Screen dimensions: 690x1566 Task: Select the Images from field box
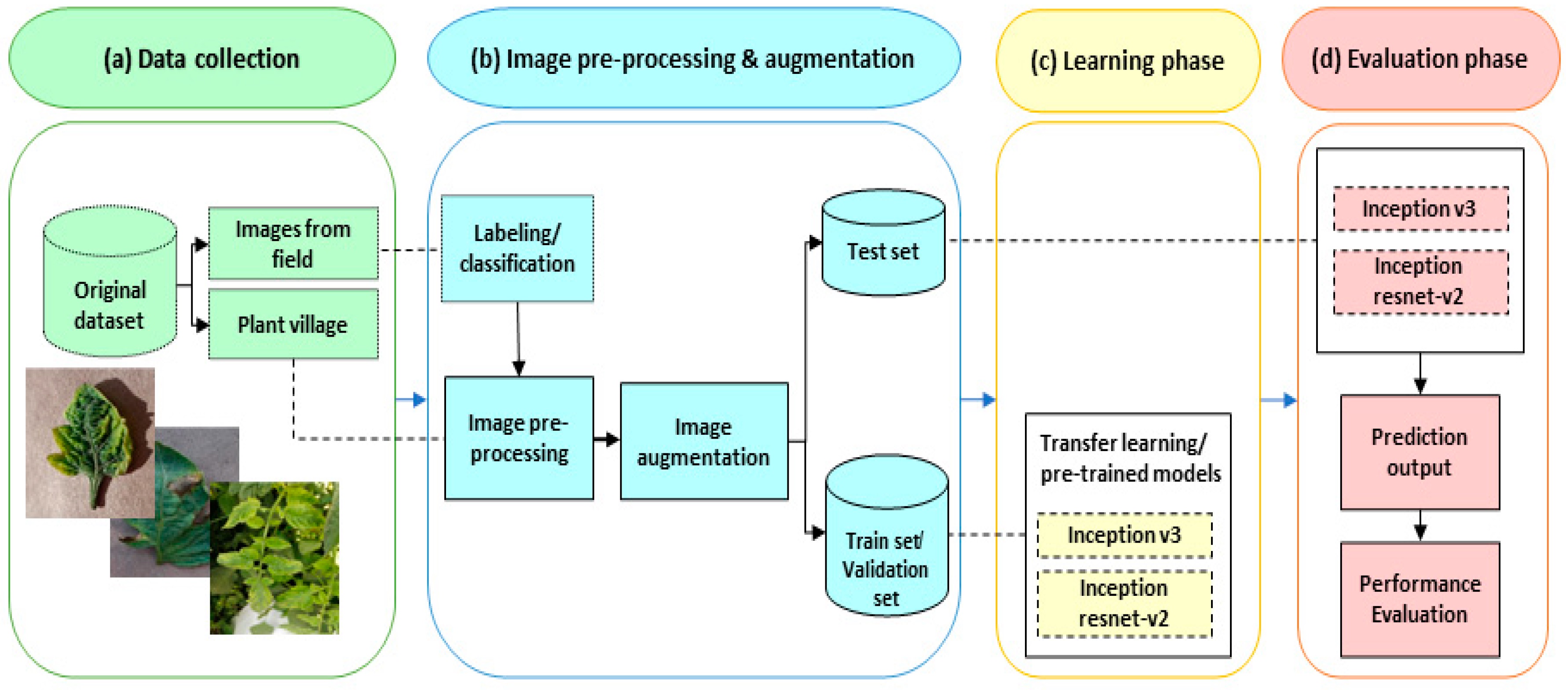coord(293,244)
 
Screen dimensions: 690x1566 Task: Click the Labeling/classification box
coord(517,248)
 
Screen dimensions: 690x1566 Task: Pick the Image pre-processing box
coord(519,438)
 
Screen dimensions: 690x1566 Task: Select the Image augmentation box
coord(703,441)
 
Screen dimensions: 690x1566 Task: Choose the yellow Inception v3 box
coord(1124,535)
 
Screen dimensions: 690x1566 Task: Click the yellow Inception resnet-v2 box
coord(1124,603)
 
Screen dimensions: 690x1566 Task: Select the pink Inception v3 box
coord(1420,209)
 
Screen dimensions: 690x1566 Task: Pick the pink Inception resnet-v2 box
coord(1420,282)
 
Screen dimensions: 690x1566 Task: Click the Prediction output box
coord(1420,452)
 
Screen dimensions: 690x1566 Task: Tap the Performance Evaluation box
coord(1420,599)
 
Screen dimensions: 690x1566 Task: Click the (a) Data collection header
coord(202,59)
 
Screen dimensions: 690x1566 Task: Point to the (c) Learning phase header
coord(1128,61)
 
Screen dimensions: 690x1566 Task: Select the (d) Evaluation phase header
coord(1420,59)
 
